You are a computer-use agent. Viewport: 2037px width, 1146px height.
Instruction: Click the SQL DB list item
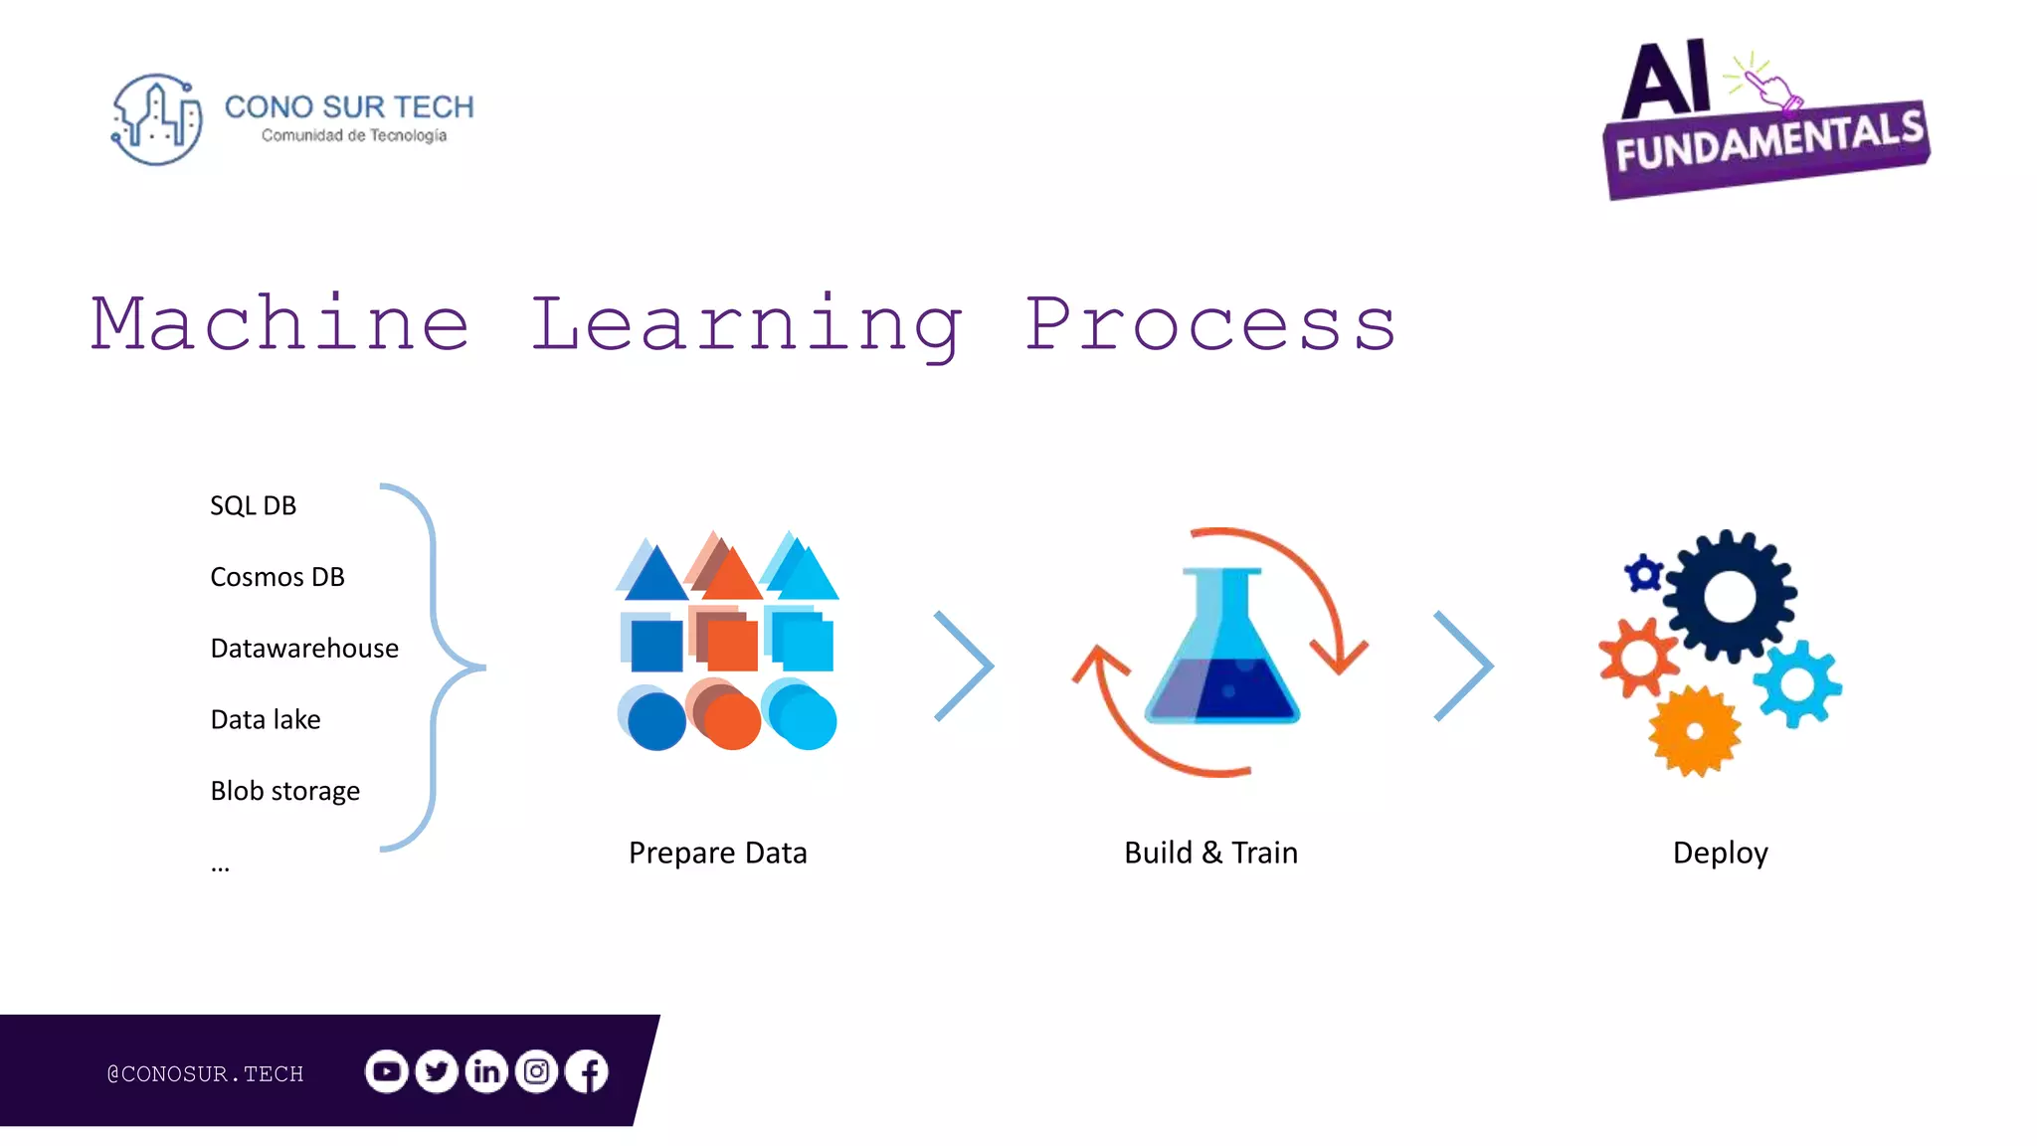[253, 505]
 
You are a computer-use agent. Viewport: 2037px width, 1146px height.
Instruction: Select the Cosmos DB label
[278, 577]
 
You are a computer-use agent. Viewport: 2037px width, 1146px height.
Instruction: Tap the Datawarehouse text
[304, 649]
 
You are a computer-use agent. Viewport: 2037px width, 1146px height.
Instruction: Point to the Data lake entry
[266, 719]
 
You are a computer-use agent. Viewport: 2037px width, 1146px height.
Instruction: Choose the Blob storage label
[285, 791]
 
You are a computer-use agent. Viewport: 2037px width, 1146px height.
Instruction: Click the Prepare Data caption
[717, 853]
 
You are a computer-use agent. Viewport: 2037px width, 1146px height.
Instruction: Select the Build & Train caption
[1210, 853]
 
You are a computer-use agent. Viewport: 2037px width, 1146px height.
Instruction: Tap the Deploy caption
[1720, 853]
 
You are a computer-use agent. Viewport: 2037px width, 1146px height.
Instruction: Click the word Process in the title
[1210, 324]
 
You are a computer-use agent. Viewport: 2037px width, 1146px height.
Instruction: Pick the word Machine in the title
[279, 324]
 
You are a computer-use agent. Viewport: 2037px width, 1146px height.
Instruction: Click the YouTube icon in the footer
[386, 1071]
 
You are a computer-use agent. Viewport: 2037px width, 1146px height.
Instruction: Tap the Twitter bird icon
[436, 1071]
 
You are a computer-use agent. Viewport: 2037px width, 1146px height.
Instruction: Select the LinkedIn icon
[486, 1071]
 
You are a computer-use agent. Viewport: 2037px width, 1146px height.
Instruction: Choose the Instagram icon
[537, 1071]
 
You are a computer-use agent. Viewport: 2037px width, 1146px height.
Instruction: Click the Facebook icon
[588, 1071]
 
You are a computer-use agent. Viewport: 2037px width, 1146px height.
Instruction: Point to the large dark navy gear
[1729, 596]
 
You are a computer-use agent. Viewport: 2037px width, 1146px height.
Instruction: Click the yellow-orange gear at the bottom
[1695, 731]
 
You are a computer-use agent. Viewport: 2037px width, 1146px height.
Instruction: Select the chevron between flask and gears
[1464, 666]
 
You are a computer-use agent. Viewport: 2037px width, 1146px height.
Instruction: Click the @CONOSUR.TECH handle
[205, 1073]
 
